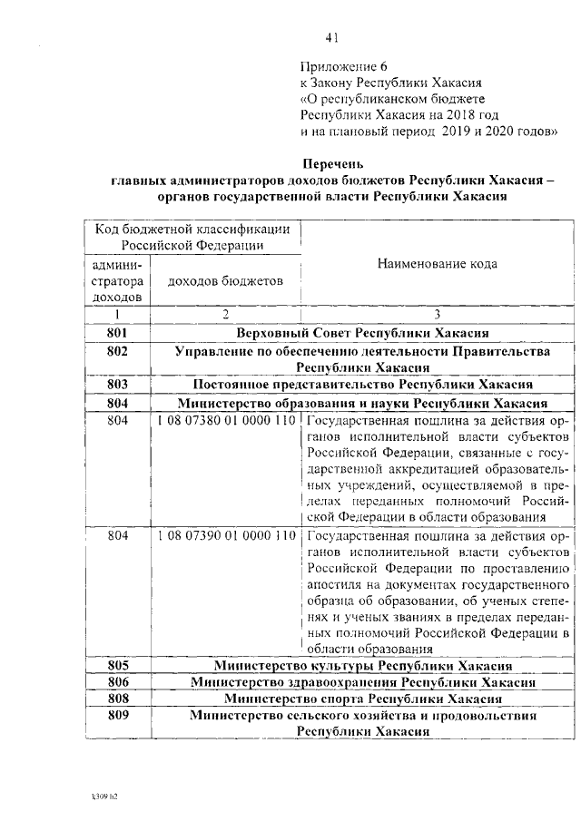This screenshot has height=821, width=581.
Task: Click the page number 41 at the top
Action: pyautogui.click(x=331, y=37)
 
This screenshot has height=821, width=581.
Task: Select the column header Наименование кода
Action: pyautogui.click(x=438, y=264)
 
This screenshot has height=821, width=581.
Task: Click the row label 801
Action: pyautogui.click(x=117, y=333)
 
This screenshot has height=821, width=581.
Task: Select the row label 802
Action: pyautogui.click(x=117, y=351)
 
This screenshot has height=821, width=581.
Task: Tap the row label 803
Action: pyautogui.click(x=117, y=385)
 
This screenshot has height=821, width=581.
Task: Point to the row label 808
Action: pyautogui.click(x=117, y=699)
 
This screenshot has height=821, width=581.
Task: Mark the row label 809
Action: pyautogui.click(x=117, y=716)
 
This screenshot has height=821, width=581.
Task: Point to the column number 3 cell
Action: pyautogui.click(x=438, y=315)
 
